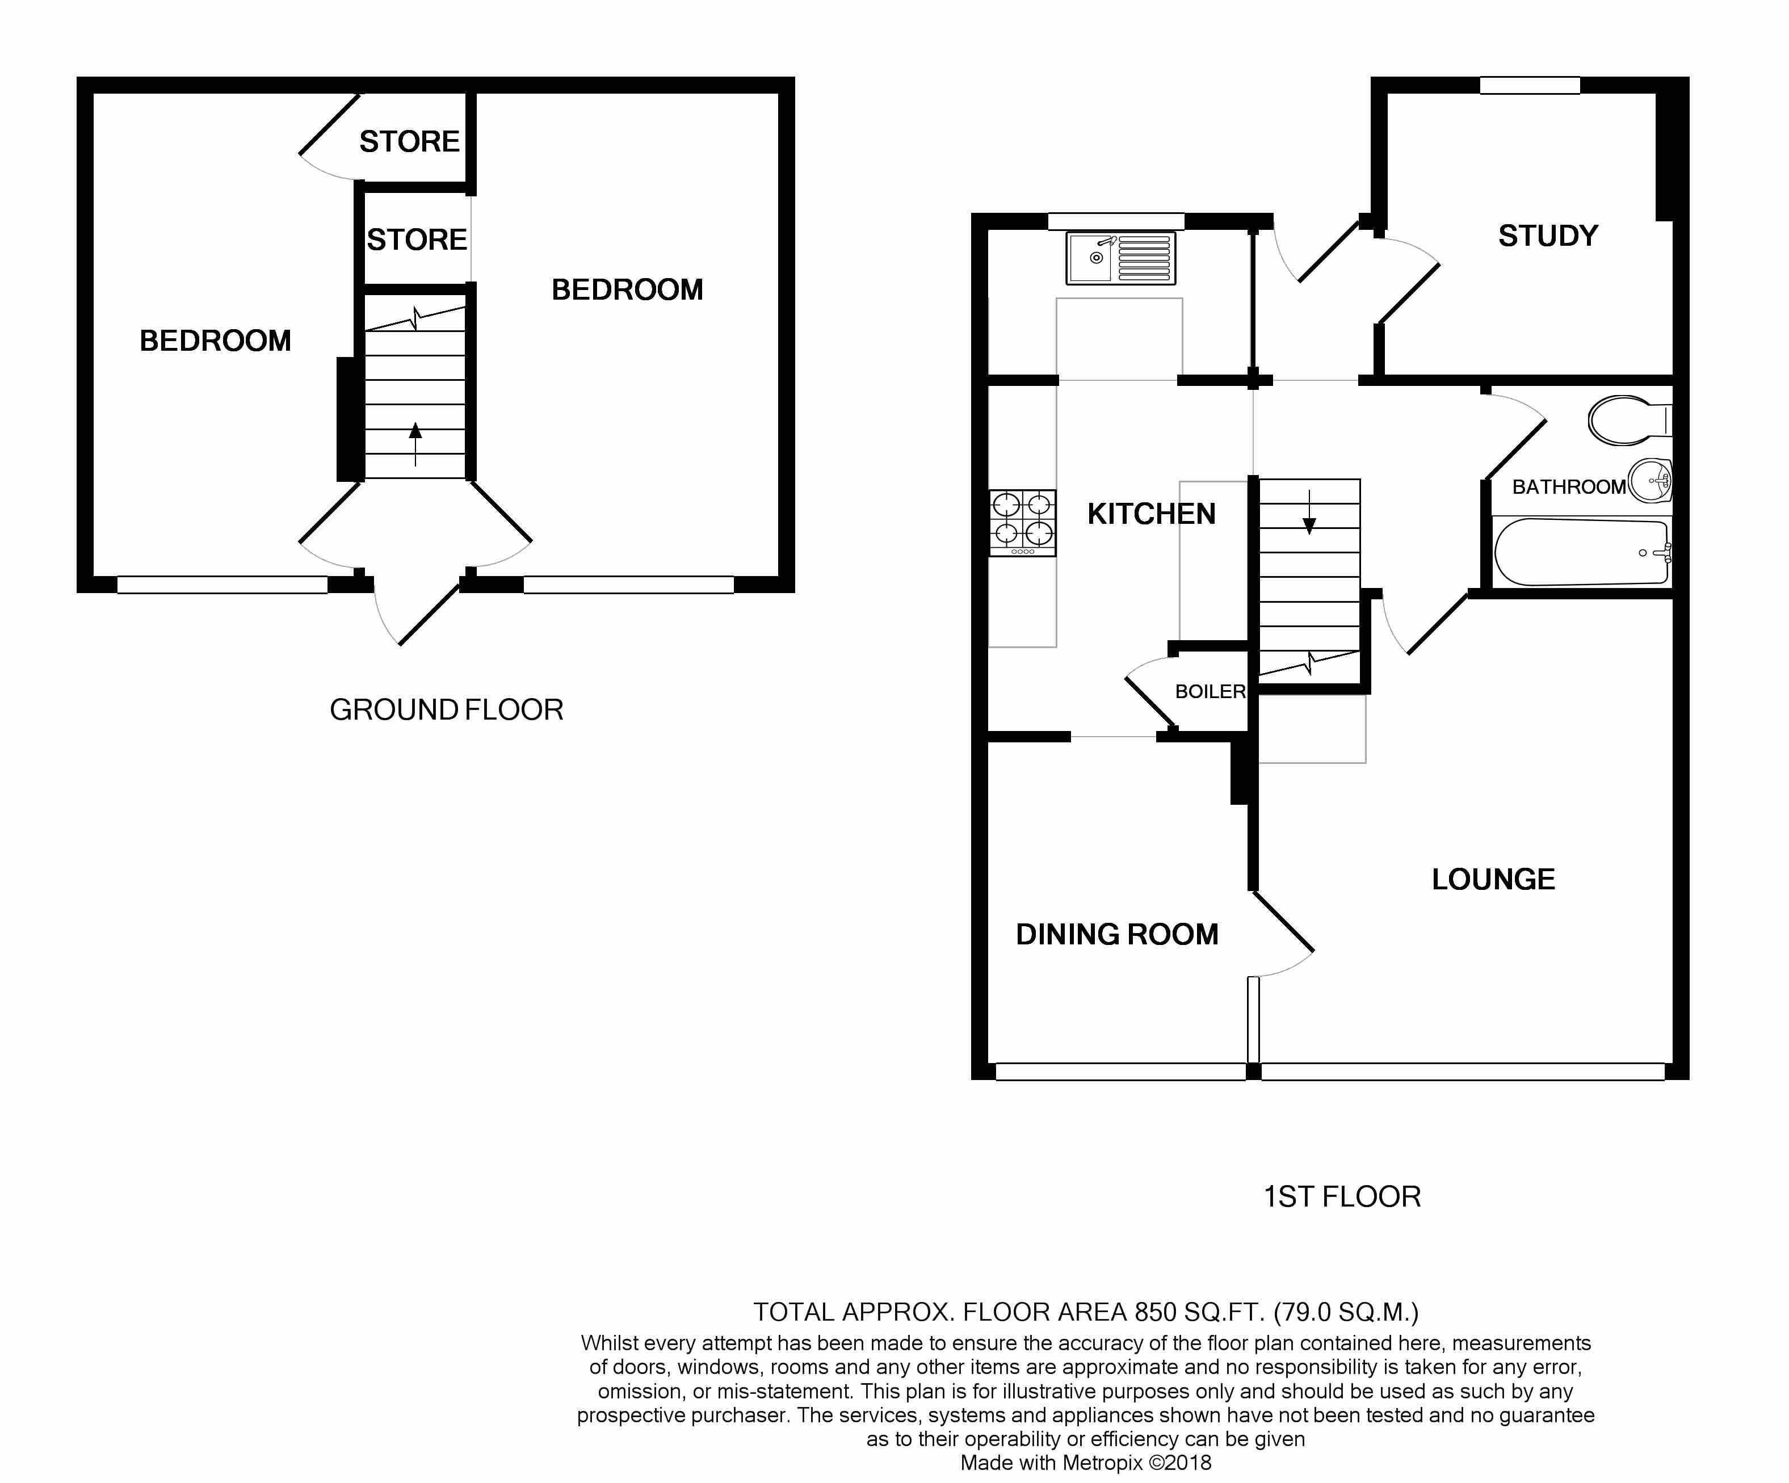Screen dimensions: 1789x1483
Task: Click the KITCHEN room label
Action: [x=1151, y=514]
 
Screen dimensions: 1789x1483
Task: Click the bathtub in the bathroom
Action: [x=1582, y=552]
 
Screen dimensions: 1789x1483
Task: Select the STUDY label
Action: [x=1548, y=236]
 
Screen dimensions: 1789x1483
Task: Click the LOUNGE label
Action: [x=1493, y=879]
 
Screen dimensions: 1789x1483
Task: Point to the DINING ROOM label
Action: [x=1117, y=934]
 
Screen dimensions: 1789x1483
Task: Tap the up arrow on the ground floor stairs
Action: [x=415, y=444]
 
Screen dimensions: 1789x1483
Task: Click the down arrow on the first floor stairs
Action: [x=1309, y=512]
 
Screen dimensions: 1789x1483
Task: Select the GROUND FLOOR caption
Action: [x=446, y=709]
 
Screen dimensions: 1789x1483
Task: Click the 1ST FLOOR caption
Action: [x=1342, y=1197]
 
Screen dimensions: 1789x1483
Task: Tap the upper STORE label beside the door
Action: [x=409, y=141]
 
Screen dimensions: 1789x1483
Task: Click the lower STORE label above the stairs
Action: [x=417, y=240]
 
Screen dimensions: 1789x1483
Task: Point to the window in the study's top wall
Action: [x=1530, y=85]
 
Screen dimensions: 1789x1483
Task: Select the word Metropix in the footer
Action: [x=1102, y=1463]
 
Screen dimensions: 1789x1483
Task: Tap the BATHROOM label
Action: [x=1568, y=486]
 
